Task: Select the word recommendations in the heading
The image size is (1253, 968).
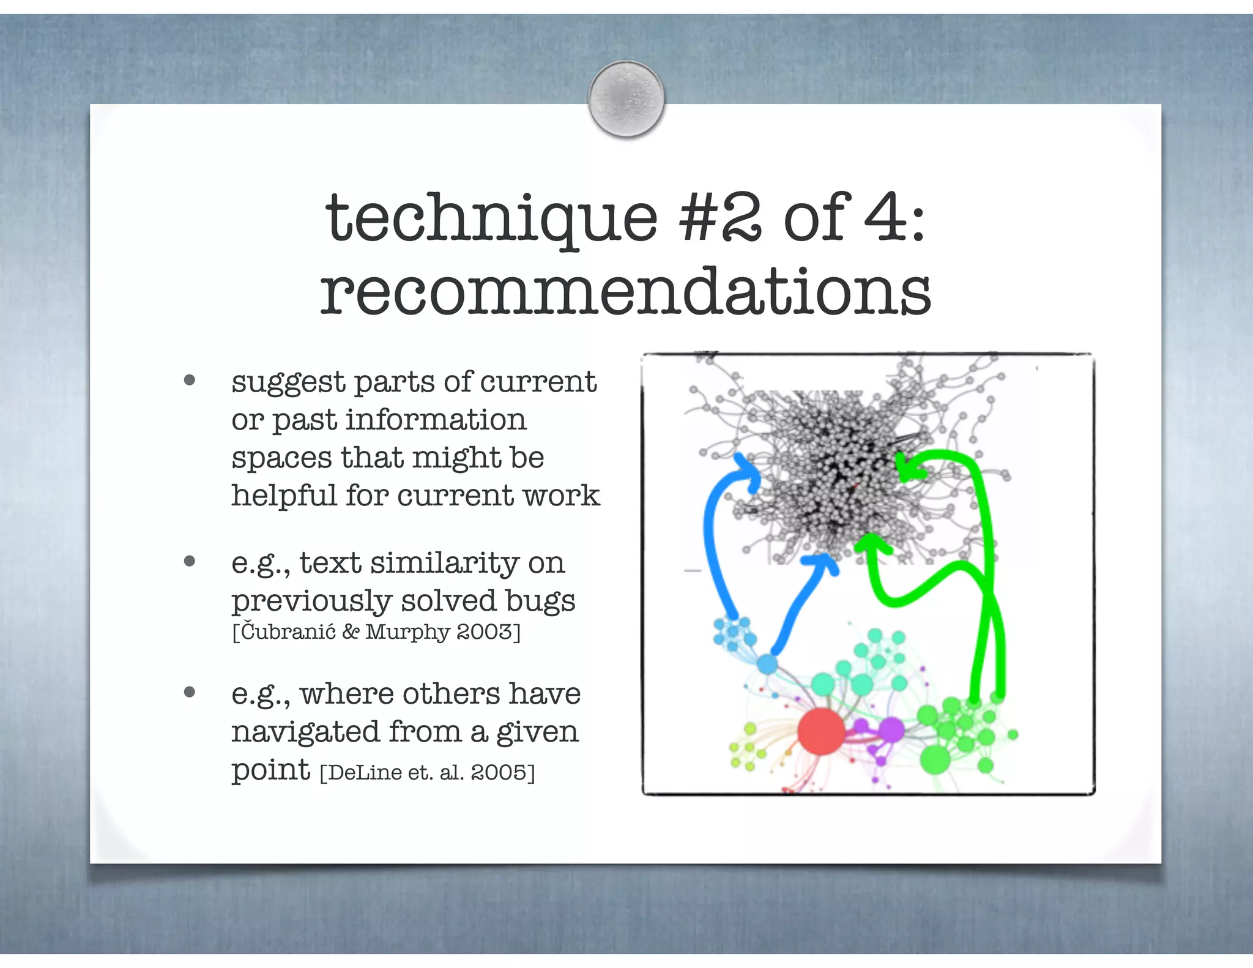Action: [x=625, y=292]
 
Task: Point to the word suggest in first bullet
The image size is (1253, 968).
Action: [x=288, y=383]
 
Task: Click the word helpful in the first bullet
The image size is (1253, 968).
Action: [x=284, y=495]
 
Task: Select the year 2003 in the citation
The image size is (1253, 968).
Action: [x=487, y=631]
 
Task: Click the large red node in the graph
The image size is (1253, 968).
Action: [x=821, y=731]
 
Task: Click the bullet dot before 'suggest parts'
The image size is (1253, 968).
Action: [x=190, y=381]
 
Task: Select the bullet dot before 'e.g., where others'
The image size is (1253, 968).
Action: [x=190, y=693]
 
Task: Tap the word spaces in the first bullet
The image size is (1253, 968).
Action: [x=281, y=458]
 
